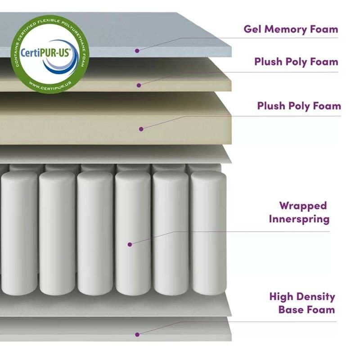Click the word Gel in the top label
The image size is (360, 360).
tap(252, 30)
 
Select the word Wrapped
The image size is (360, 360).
tap(302, 206)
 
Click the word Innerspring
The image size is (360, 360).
tap(299, 219)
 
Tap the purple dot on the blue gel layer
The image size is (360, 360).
tap(137, 51)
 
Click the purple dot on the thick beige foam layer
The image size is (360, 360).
tap(141, 129)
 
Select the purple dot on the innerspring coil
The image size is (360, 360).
tap(130, 244)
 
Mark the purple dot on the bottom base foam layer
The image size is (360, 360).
tap(137, 334)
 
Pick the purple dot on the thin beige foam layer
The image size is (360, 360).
tap(139, 84)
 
